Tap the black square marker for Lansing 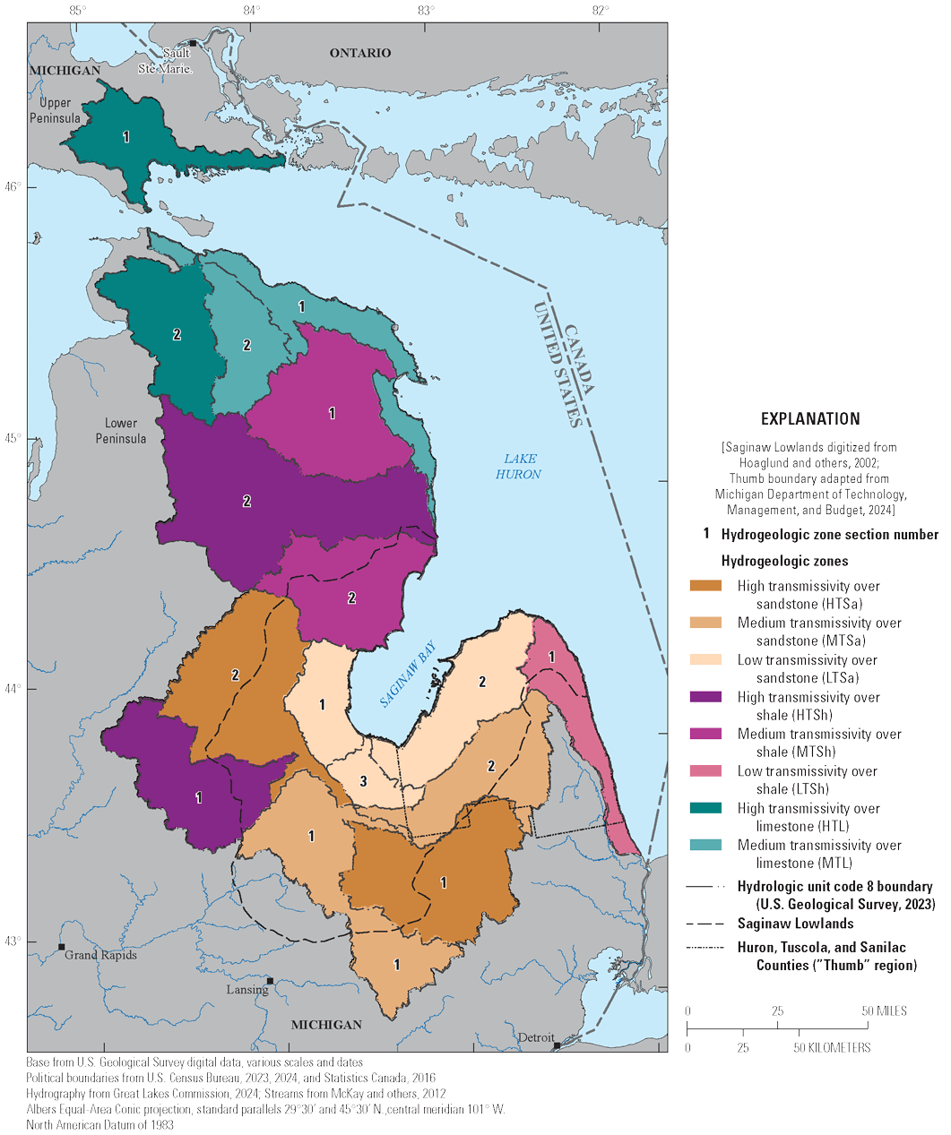coord(270,981)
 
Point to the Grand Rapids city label coord(101,955)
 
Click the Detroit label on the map coord(535,1037)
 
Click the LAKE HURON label coord(519,466)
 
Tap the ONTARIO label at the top coord(360,53)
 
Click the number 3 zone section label coord(363,781)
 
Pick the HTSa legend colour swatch coord(705,586)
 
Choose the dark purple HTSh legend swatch coord(705,697)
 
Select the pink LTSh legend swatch coord(705,771)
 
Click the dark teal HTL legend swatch coord(705,808)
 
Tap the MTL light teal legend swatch coord(705,845)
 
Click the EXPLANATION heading coord(810,418)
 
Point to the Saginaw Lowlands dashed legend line coord(705,924)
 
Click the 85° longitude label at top coord(78,11)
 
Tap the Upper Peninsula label coord(55,110)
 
